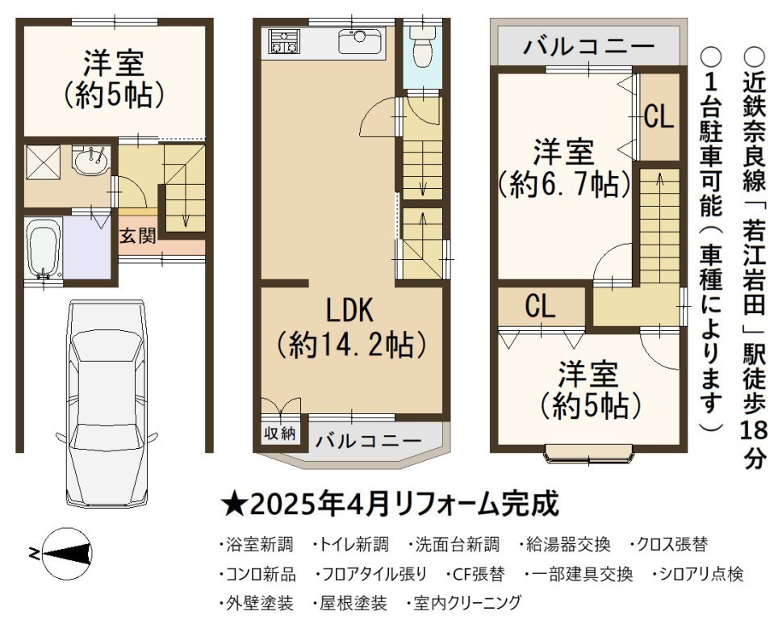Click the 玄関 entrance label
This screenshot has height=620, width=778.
[x=138, y=235]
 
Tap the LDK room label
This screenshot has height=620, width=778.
[x=349, y=310]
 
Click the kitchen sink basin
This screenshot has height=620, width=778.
[x=360, y=40]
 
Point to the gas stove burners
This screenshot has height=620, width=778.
[x=285, y=41]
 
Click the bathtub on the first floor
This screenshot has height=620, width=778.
[x=44, y=249]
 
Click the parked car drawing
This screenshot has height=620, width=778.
[x=107, y=403]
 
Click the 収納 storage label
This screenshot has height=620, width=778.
[x=279, y=434]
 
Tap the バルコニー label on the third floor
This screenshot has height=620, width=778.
[x=588, y=47]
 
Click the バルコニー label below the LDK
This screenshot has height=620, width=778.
[x=368, y=440]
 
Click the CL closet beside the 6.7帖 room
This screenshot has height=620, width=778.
[x=659, y=117]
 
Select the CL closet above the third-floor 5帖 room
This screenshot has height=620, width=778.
[x=541, y=306]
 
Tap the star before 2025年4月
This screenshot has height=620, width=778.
[x=232, y=505]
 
